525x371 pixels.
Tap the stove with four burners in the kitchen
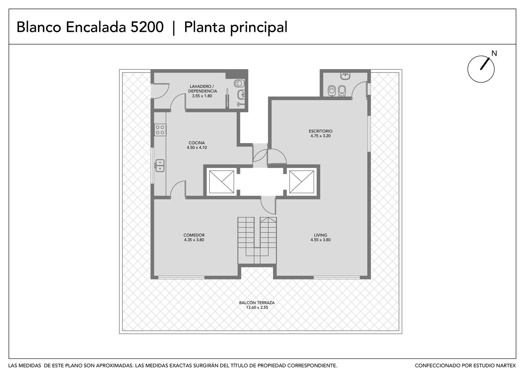pos(160,130)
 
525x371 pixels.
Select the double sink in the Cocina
pos(160,166)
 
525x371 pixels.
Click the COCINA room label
pos(197,143)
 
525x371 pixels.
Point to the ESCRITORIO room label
pos(320,131)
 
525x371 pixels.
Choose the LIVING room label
pos(320,235)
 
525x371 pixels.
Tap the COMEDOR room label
pos(194,235)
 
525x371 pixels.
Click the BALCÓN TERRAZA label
pos(257,302)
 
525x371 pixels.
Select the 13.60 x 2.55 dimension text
pos(257,307)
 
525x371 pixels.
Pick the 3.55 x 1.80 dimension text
pos(202,96)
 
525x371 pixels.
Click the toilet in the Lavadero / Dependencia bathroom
pos(239,83)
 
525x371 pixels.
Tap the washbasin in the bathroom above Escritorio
pos(345,76)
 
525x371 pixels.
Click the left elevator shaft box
pos(221,182)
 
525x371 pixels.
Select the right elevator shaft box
pos(302,182)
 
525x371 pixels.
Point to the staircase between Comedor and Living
pos(257,240)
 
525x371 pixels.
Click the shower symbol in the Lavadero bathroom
pos(240,104)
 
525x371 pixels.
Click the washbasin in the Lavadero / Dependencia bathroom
pos(241,94)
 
